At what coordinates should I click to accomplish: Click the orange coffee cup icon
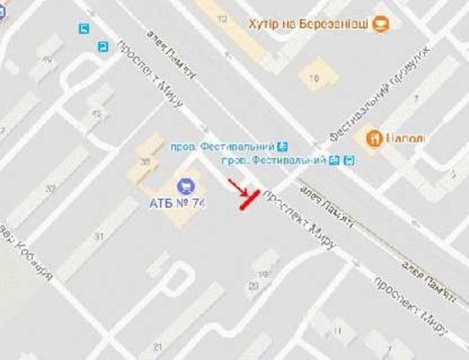[382, 24]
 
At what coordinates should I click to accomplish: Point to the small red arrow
[237, 186]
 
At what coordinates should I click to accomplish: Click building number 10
[314, 79]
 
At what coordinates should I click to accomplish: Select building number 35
[146, 161]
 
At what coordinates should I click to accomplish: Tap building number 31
[100, 237]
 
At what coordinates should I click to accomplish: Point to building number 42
[96, 113]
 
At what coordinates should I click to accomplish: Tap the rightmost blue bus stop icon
[350, 160]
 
